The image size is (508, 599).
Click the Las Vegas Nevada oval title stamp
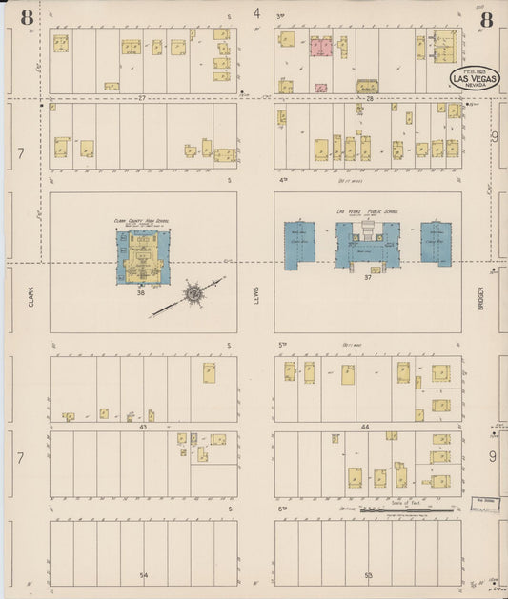474,78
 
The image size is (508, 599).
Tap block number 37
367,277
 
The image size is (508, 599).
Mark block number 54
144,575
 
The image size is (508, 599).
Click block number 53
368,575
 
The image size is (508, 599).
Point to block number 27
141,98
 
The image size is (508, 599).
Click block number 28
368,98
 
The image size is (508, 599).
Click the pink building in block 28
320,47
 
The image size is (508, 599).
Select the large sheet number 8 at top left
26,16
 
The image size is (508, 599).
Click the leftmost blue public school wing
298,243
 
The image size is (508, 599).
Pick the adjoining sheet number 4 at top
257,13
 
